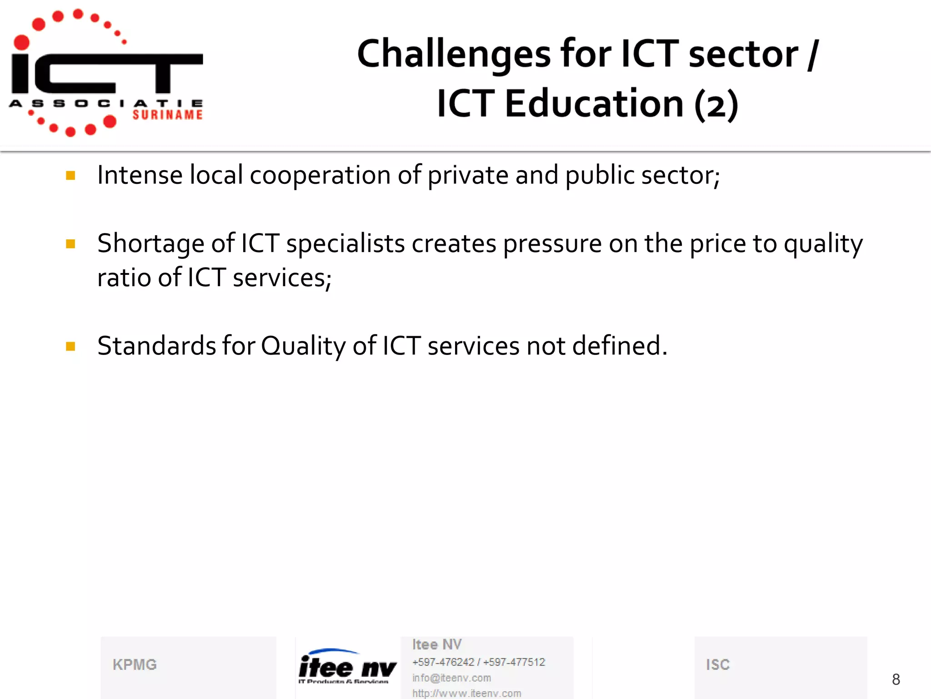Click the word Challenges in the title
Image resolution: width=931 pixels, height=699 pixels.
pos(454,55)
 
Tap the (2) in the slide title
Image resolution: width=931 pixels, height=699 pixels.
pos(716,105)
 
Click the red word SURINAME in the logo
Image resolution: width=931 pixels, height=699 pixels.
pos(167,115)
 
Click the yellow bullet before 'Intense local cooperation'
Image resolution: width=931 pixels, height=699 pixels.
pos(70,176)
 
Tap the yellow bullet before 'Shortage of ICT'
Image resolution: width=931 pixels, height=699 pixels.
pos(70,244)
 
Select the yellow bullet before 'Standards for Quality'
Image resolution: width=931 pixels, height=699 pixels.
pos(70,347)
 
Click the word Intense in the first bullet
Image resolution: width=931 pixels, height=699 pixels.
pos(140,175)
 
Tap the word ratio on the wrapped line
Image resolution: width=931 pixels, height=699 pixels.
pos(124,278)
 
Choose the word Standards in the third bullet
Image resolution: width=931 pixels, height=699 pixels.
pos(156,346)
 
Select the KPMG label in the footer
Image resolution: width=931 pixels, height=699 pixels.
pos(135,665)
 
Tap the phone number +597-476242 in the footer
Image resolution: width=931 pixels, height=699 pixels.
pos(443,662)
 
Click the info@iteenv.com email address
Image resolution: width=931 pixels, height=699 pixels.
pos(451,678)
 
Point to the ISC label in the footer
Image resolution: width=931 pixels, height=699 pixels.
pos(718,665)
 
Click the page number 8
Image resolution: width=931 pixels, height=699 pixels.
pos(896,679)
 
